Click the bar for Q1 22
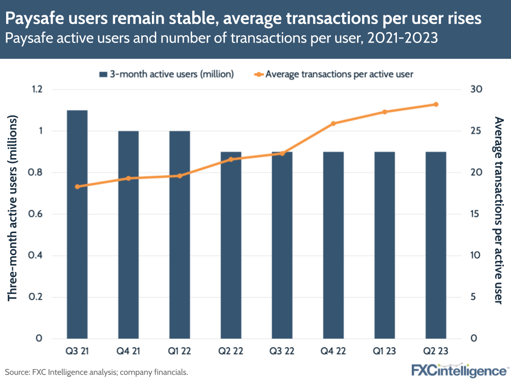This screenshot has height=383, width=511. pos(180,235)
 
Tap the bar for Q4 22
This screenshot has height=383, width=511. pos(333,245)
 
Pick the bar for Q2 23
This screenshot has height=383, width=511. pos(436,245)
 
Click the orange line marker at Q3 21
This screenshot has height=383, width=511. pos(77,187)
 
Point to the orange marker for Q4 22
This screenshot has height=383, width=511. pos(333,123)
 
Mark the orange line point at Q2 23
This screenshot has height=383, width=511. pos(436,104)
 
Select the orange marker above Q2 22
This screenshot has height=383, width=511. pos(231,160)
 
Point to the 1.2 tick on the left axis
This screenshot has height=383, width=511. pos(37,89)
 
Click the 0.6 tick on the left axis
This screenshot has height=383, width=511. pos(37,214)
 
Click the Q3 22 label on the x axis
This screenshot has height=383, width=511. pos(282,352)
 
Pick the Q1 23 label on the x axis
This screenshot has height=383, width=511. pos(384,352)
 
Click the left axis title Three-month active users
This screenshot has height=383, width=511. pos(13,208)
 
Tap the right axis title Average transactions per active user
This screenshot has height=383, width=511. pos(499,210)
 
